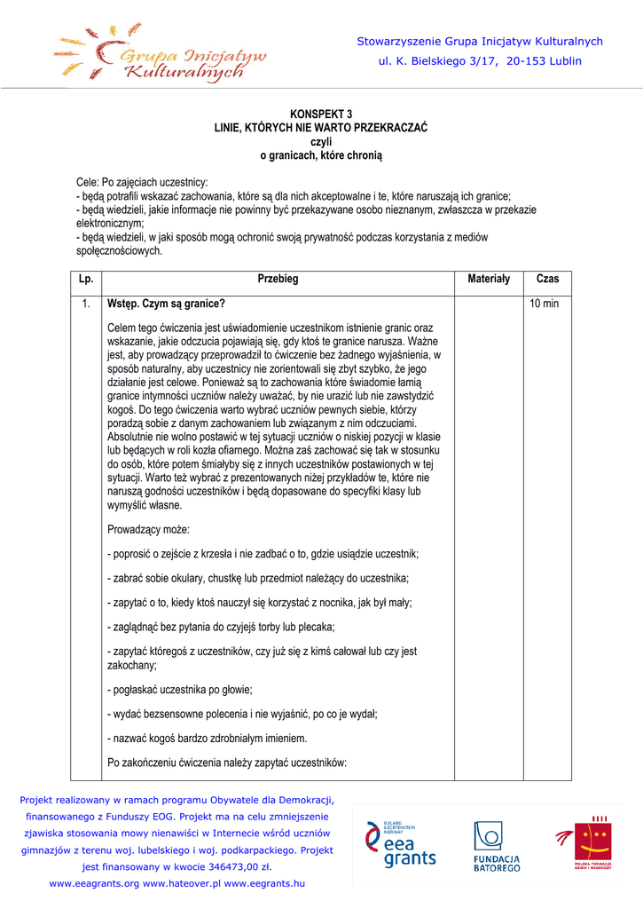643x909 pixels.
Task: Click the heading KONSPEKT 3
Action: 321,115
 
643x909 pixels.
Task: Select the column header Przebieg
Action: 278,280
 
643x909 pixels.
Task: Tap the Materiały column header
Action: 489,280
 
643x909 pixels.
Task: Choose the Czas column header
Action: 547,280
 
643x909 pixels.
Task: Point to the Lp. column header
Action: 86,280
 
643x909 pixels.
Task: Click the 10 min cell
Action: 544,304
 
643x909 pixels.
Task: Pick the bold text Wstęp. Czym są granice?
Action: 166,304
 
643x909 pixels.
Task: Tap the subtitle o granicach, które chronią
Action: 321,155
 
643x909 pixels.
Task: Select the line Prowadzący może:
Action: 142,530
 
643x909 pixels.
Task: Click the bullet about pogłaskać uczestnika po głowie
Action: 180,690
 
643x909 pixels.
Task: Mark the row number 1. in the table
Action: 86,304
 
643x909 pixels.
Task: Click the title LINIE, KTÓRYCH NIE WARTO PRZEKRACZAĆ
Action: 321,128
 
